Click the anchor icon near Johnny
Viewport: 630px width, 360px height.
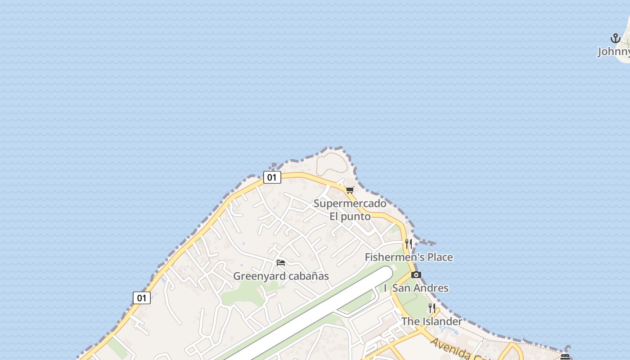pos(615,38)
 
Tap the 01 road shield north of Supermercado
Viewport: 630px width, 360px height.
pos(272,177)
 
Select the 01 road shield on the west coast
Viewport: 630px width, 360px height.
pos(141,298)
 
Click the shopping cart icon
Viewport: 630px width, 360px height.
pos(350,190)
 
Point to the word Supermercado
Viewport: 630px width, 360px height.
pos(350,203)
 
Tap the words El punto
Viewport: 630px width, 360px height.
pos(350,216)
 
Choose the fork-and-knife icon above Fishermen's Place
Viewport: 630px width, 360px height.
pos(409,244)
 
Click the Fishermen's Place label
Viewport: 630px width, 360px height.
pos(409,257)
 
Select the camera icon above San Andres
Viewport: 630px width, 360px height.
pos(416,274)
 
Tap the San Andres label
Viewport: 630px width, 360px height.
pos(420,288)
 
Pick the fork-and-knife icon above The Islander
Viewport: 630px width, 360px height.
pos(432,308)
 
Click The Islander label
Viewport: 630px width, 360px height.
pos(432,321)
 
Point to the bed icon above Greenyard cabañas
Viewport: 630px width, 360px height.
pos(281,262)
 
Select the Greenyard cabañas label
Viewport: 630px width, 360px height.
pos(281,276)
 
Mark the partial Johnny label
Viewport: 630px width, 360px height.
pos(613,52)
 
